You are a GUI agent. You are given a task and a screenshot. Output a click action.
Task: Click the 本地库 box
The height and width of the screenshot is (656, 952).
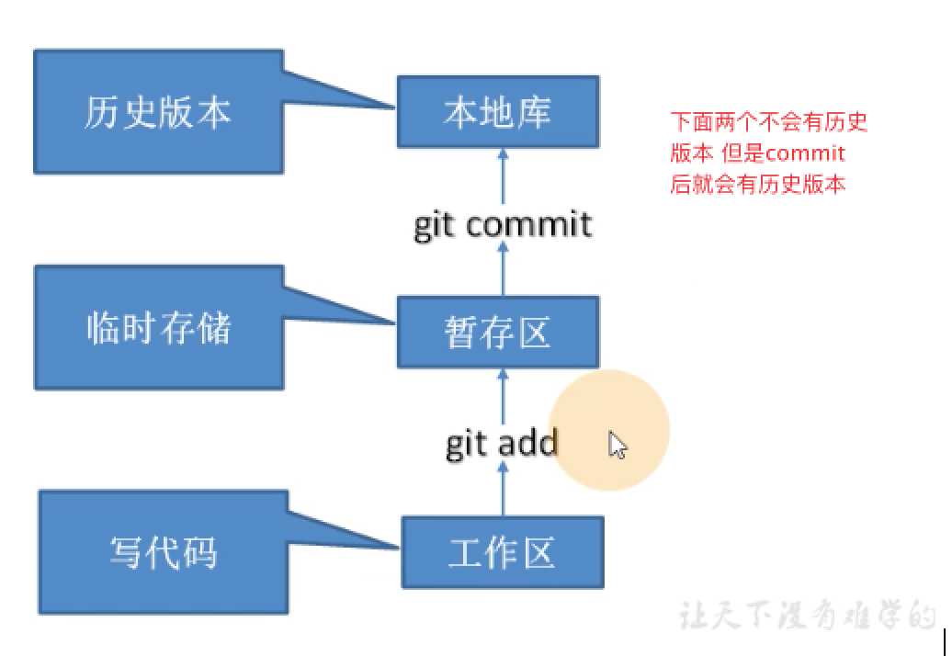coord(497,111)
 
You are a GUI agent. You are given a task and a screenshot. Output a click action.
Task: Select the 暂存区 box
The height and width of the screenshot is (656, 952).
coord(497,332)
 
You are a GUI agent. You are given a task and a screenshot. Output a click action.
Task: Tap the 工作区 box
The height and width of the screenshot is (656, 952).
coord(503,552)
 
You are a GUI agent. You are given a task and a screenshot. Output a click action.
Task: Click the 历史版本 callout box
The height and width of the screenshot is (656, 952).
coord(158,112)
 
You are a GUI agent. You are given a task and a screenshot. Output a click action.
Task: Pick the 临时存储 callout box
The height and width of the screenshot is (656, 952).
coord(158,328)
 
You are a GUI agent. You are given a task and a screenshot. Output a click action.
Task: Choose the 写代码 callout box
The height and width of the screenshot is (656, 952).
coord(163,552)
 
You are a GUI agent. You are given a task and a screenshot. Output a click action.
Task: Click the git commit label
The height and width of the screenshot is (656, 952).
coord(502,223)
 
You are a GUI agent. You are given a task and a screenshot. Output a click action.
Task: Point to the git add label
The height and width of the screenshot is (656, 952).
coord(502,444)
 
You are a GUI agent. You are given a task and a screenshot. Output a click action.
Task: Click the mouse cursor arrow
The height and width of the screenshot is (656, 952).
coord(618,446)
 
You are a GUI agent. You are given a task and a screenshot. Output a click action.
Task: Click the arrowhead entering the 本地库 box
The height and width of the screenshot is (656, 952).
coord(503,155)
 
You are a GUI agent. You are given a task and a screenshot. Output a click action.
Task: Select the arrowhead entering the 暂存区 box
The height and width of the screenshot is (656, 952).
coord(503,375)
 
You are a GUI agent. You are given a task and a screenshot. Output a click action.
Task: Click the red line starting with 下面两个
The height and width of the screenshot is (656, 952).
coord(768,121)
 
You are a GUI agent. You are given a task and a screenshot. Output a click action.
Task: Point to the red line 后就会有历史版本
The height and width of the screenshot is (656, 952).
coord(757,184)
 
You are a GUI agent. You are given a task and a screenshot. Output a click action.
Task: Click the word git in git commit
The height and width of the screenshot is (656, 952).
coord(435,223)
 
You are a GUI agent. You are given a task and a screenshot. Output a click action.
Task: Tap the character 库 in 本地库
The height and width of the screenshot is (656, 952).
coord(532,111)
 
